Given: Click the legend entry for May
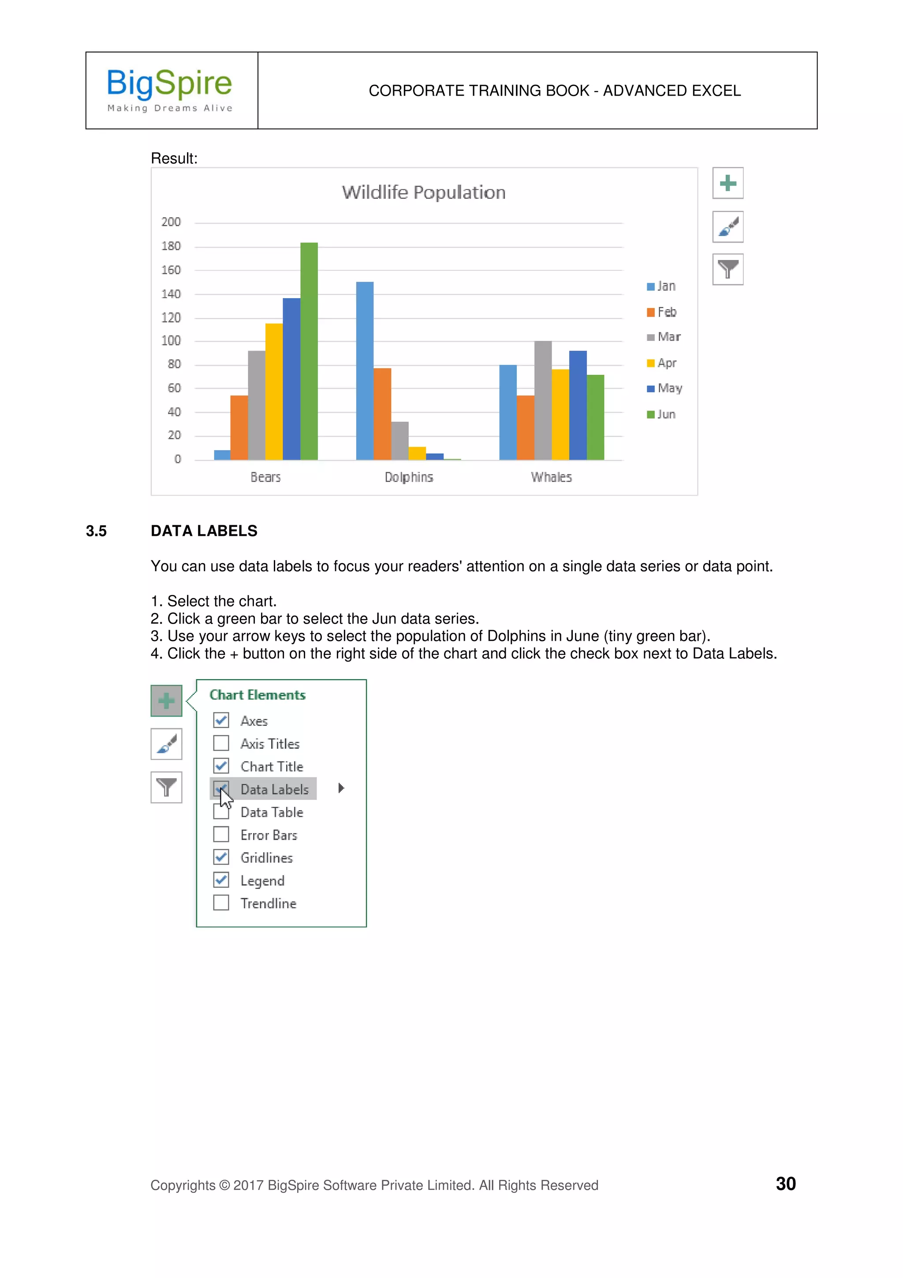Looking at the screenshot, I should click(x=664, y=389).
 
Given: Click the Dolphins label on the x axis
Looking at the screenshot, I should click(x=408, y=477).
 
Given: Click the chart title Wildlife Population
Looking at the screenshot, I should click(x=423, y=193).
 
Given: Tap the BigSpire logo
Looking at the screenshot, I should click(x=170, y=90).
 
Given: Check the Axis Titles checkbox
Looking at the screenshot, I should click(x=221, y=743).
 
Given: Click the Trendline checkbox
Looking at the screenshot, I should click(x=221, y=902).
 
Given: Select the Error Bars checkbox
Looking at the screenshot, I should click(x=221, y=834).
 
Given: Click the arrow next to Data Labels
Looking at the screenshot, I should click(x=341, y=788).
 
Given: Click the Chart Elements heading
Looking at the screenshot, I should click(x=257, y=695).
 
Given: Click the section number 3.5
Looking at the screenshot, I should click(x=96, y=531).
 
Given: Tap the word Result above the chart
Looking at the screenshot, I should click(x=174, y=159).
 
